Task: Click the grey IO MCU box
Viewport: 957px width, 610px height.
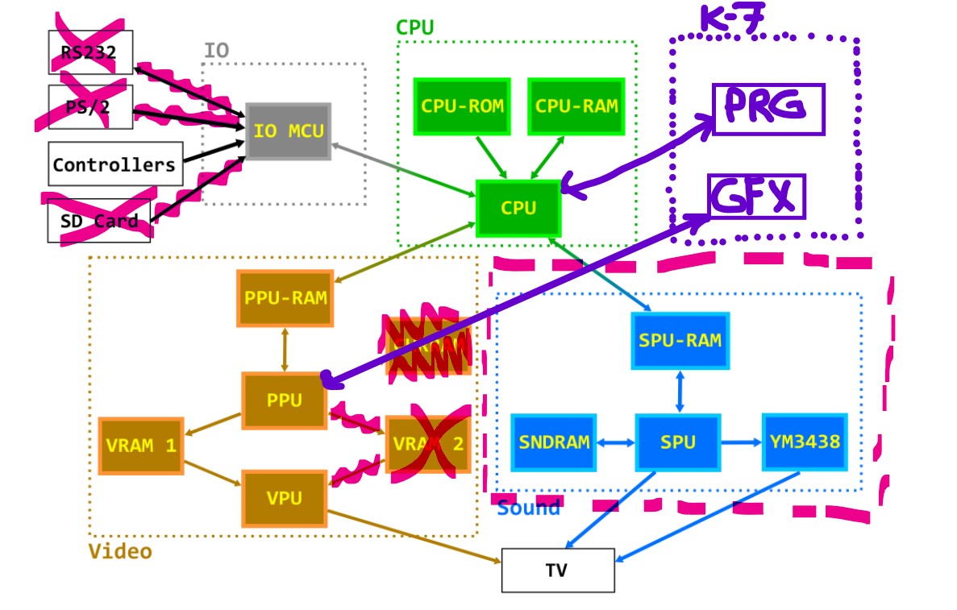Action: pyautogui.click(x=288, y=131)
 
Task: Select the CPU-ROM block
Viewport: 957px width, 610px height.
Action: pyautogui.click(x=462, y=106)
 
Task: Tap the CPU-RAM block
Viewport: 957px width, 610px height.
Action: pyautogui.click(x=576, y=106)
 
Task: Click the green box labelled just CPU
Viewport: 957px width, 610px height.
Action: pyautogui.click(x=518, y=208)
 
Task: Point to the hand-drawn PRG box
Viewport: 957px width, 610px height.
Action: pyautogui.click(x=769, y=109)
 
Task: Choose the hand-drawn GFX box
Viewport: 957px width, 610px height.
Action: pyautogui.click(x=756, y=197)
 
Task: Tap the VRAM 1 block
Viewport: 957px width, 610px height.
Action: pyautogui.click(x=141, y=446)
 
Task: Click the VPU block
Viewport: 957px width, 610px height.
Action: pyautogui.click(x=285, y=498)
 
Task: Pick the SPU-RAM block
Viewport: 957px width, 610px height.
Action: pyautogui.click(x=680, y=340)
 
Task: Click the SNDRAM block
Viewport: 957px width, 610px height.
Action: pyautogui.click(x=553, y=442)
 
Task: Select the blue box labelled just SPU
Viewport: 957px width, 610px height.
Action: pyautogui.click(x=677, y=442)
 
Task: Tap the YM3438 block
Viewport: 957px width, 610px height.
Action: pyautogui.click(x=805, y=442)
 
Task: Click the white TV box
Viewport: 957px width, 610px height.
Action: pyautogui.click(x=557, y=571)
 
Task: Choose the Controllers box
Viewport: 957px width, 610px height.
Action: pyautogui.click(x=114, y=165)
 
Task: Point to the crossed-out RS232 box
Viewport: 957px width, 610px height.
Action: pyautogui.click(x=89, y=52)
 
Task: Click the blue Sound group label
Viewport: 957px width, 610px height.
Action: pyautogui.click(x=528, y=508)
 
